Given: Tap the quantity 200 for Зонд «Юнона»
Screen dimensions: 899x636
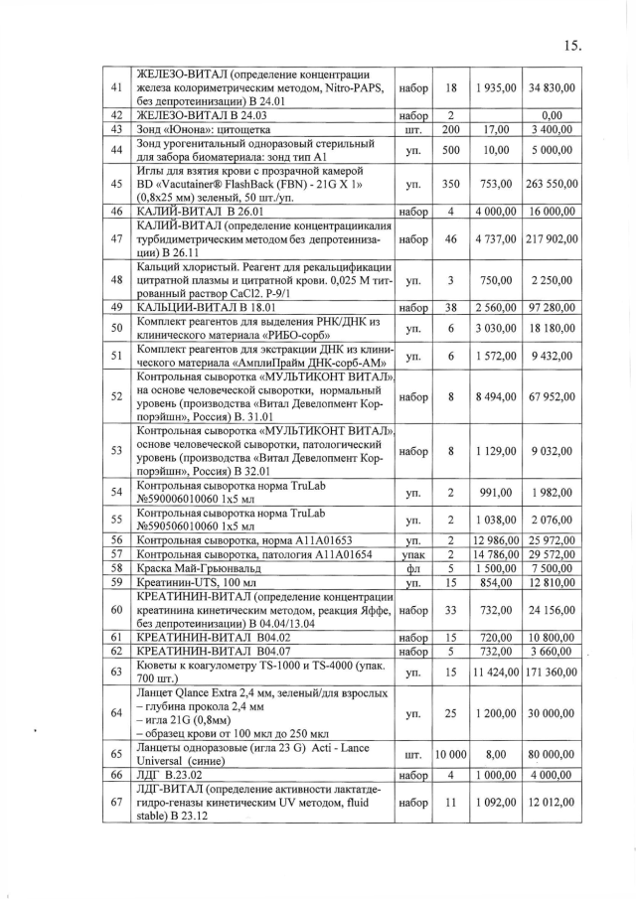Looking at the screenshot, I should (x=450, y=130).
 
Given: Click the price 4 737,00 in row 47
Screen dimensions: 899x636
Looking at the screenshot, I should (x=496, y=239).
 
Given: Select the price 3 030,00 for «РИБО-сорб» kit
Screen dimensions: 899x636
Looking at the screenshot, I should (x=496, y=328).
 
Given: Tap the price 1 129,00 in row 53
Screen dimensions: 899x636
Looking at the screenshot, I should (x=496, y=450).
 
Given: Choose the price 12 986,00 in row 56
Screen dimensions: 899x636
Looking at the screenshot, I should (x=496, y=539).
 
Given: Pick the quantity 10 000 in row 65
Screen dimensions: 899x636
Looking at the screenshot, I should (x=450, y=754).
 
